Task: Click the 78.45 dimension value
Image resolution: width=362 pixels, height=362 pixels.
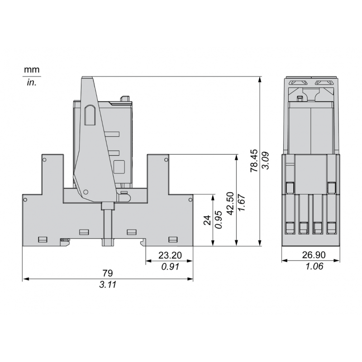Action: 254,161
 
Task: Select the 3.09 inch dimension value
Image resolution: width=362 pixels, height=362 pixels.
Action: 266,161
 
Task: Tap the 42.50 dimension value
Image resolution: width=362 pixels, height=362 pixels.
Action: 230,203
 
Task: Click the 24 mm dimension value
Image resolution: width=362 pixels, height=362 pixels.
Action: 207,220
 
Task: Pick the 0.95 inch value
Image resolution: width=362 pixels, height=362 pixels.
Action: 219,219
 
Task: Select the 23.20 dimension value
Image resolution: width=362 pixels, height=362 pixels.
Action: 170,255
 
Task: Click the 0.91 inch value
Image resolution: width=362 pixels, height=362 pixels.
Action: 170,267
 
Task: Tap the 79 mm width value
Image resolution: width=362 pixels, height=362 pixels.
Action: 108,273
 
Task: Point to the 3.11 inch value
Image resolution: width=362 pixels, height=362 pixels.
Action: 108,285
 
